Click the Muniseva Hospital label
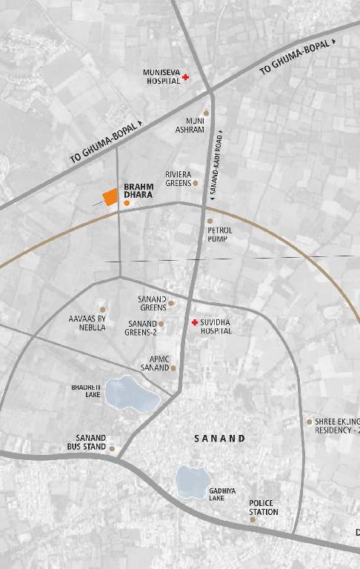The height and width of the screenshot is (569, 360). click(161, 76)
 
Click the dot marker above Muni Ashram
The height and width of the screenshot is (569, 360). click(206, 113)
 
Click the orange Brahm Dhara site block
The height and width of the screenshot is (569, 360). click(110, 197)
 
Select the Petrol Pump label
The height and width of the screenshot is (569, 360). click(221, 235)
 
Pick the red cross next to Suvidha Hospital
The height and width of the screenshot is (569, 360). click(194, 323)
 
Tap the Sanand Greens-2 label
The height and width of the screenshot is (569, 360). click(141, 328)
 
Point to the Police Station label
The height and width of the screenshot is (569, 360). click(264, 508)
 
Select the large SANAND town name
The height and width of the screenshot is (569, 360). click(219, 439)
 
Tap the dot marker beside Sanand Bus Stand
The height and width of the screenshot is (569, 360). click(112, 448)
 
